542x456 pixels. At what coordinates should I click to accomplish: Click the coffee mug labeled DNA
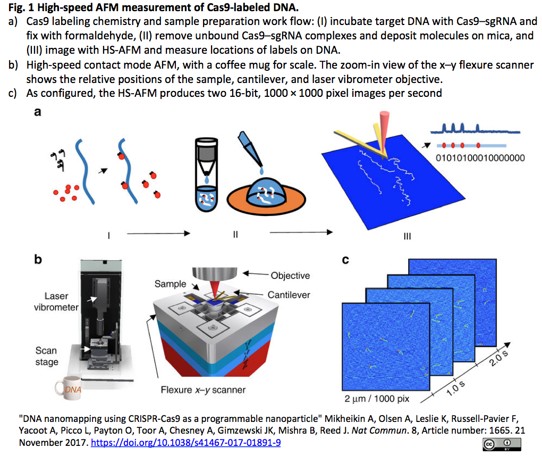(69, 389)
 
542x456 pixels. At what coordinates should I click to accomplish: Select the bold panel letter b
(38, 260)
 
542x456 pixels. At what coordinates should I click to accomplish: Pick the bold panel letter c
(345, 260)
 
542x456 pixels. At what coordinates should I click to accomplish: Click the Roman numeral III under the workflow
(407, 236)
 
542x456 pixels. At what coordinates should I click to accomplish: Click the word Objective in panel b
(290, 275)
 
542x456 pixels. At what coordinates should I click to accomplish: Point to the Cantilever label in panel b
(289, 294)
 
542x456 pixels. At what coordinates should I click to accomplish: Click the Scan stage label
(46, 356)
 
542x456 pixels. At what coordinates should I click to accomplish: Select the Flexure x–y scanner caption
(204, 390)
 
